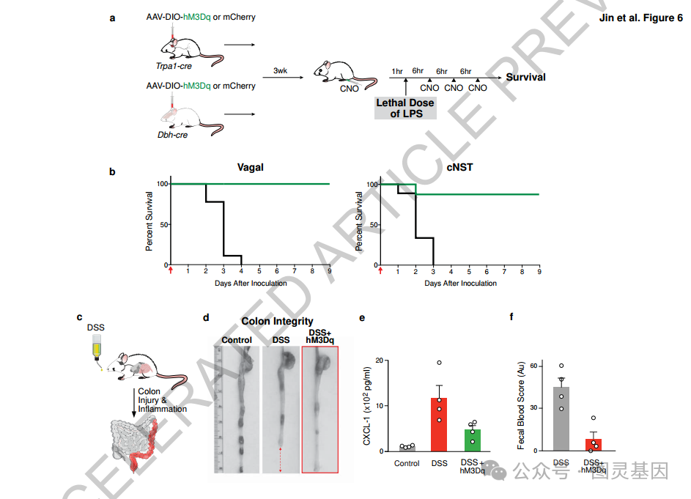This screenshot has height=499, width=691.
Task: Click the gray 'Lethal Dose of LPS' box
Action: (x=405, y=108)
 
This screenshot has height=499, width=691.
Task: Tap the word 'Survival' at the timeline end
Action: (x=526, y=77)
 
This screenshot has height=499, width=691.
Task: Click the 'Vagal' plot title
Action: (x=250, y=168)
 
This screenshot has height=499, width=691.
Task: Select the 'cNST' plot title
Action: (x=459, y=168)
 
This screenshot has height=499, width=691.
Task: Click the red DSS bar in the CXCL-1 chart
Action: (x=439, y=424)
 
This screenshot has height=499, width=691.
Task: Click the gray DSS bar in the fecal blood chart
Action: (x=561, y=418)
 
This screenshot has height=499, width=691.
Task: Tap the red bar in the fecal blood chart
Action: (x=593, y=445)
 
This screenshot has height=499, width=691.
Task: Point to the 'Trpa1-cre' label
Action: (x=173, y=66)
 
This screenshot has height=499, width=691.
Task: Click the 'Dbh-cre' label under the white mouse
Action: (x=171, y=136)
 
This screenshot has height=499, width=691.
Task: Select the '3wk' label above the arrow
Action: (x=281, y=70)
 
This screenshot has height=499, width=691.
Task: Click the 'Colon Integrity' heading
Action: (x=277, y=322)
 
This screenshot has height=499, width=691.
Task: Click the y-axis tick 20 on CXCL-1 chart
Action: (x=379, y=361)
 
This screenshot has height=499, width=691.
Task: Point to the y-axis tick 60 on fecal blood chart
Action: (x=533, y=366)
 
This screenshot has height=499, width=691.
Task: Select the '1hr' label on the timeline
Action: (x=398, y=71)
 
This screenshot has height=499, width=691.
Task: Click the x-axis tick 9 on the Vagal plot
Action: (x=329, y=271)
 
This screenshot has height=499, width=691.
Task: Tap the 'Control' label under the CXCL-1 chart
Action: (x=407, y=463)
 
